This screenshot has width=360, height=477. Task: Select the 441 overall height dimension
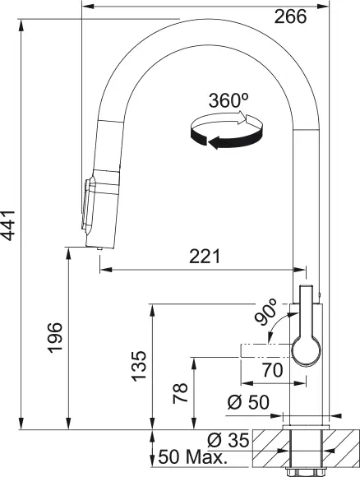click(x=11, y=223)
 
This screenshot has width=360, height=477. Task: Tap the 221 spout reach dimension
click(x=204, y=257)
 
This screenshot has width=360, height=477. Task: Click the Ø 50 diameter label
click(x=247, y=403)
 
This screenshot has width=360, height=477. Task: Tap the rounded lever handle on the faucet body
click(x=305, y=337)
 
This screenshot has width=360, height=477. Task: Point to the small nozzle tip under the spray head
click(x=99, y=248)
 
